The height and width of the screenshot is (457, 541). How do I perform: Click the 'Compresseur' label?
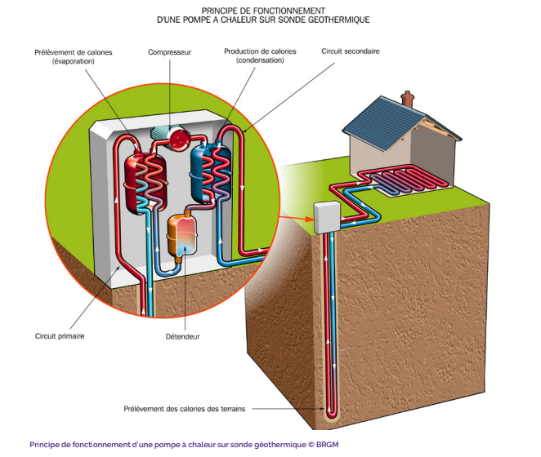coord(169,52)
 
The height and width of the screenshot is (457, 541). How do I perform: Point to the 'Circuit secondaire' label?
coord(351,51)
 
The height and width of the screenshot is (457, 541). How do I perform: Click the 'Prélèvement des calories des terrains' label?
coord(190,407)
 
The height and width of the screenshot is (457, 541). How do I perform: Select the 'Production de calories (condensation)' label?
coord(260,55)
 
